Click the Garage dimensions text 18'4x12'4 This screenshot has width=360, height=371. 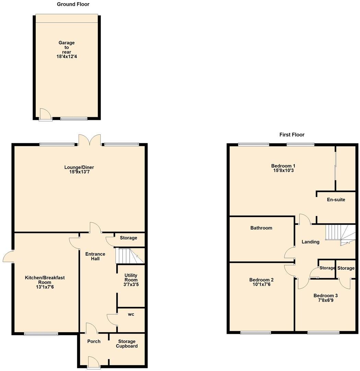tap(67, 57)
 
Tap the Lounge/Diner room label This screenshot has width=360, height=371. tap(79, 167)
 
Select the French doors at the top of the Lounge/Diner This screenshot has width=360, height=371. tap(90, 140)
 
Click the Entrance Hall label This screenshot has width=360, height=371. tap(95, 256)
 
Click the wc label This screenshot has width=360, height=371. tap(131, 314)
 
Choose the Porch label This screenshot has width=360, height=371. tap(94, 341)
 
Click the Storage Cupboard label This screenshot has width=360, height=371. tap(127, 344)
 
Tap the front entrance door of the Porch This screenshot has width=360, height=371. tap(92, 362)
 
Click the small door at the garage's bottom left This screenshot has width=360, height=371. tap(45, 115)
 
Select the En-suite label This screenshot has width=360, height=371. tap(336, 200)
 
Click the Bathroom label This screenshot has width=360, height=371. tap(261, 228)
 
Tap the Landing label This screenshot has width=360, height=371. tap(310, 242)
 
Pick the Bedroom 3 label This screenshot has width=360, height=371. tap(325, 298)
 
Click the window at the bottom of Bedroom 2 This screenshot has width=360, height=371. tap(255, 332)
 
